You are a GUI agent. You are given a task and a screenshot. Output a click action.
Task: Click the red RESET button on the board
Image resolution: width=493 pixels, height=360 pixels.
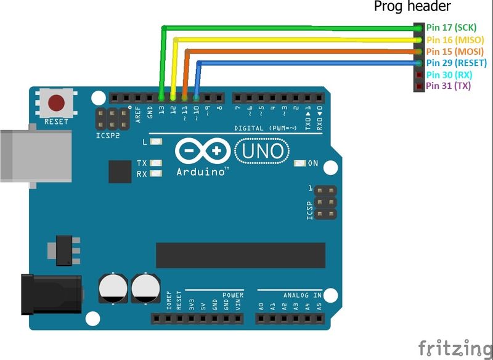(57, 102)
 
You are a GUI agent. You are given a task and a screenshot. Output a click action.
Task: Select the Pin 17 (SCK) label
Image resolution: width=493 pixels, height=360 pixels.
(452, 28)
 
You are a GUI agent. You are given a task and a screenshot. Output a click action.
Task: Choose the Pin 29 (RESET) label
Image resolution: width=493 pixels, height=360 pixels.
(457, 63)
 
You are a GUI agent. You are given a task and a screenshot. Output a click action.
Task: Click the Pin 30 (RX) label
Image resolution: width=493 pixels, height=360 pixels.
(449, 75)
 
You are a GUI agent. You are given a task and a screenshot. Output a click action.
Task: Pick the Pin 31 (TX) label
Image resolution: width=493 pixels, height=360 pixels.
(449, 86)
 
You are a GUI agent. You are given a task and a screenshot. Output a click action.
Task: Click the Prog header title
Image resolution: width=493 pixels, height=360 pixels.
(413, 7)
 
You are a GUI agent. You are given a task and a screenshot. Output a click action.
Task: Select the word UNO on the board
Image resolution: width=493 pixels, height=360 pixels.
(261, 150)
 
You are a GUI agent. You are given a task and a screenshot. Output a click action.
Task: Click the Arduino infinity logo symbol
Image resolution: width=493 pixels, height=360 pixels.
(202, 151)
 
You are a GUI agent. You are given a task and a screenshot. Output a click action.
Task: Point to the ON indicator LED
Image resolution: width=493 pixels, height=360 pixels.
(300, 163)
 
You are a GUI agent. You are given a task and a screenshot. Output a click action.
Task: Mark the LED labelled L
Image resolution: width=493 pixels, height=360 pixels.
(155, 142)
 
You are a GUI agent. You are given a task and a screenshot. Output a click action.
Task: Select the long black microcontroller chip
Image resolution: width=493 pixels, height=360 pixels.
(240, 256)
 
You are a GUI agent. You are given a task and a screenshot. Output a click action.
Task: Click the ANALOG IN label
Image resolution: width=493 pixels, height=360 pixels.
(302, 295)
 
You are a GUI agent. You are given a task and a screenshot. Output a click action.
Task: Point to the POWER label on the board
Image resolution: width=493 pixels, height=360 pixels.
(233, 295)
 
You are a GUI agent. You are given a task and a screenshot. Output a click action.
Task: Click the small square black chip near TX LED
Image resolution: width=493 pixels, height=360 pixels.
(120, 171)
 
